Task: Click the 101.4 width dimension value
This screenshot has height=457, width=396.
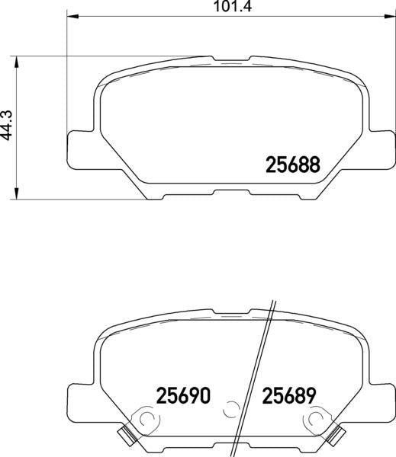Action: click(x=233, y=6)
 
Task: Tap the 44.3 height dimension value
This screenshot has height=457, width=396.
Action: click(x=7, y=125)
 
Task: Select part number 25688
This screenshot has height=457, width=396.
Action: click(x=293, y=165)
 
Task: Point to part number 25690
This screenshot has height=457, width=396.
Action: click(x=183, y=395)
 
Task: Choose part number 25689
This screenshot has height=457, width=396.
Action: click(x=289, y=395)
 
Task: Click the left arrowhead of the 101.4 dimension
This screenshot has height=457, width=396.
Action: click(x=73, y=15)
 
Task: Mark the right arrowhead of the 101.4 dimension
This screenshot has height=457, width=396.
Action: click(x=390, y=15)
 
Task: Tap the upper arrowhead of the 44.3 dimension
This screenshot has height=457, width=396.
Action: click(x=17, y=62)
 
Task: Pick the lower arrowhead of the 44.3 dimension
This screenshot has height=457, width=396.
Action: click(x=17, y=193)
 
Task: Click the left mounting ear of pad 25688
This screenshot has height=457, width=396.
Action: click(x=81, y=149)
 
